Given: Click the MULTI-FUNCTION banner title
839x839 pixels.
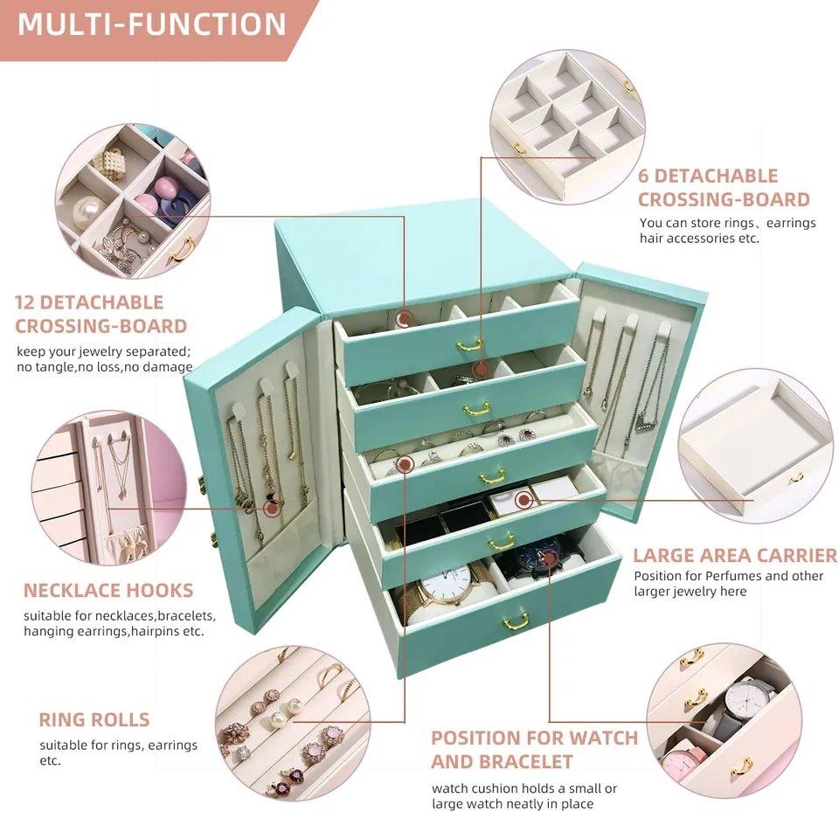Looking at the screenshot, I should [151, 23].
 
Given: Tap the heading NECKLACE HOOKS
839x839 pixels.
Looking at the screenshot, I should [108, 590].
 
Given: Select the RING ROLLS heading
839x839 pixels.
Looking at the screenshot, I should [94, 720].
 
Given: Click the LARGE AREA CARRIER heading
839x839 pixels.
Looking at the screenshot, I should [734, 555].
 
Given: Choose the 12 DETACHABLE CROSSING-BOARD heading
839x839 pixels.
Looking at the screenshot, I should [101, 314].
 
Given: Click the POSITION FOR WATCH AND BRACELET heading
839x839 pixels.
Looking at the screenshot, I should [534, 749].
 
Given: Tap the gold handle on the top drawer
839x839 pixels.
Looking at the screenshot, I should [470, 345].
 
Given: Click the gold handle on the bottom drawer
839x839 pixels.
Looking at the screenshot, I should [516, 621].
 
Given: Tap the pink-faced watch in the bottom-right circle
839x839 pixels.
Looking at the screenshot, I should [681, 766].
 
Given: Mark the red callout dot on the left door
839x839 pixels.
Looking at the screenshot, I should [270, 507].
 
